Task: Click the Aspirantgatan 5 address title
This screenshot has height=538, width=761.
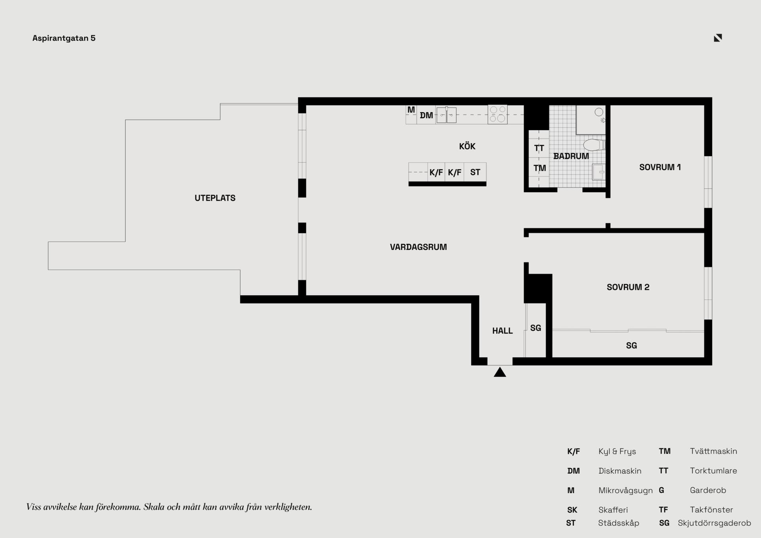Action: [64, 38]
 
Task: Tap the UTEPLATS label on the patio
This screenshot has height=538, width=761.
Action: [215, 198]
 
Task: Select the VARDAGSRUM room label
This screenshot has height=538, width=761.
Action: [418, 247]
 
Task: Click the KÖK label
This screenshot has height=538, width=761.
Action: [467, 146]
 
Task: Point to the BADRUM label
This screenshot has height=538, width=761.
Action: [571, 156]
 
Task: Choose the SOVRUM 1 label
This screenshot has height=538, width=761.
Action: [660, 167]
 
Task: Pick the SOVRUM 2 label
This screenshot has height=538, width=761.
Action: [628, 287]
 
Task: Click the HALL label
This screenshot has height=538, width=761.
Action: [502, 331]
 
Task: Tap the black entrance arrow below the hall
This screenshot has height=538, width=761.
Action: [500, 372]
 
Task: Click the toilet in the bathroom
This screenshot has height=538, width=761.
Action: [594, 145]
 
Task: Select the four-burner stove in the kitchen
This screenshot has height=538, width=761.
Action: [497, 115]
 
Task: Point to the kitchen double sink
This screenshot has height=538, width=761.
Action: [446, 115]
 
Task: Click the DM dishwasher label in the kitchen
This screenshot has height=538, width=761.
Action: [426, 115]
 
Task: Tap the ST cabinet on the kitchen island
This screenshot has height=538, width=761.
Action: [475, 172]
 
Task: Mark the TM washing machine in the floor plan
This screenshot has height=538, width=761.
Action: [539, 168]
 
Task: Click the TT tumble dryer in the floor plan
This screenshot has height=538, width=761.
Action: [539, 148]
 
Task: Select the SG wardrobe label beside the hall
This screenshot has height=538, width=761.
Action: [535, 328]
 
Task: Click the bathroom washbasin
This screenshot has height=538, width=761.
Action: [598, 172]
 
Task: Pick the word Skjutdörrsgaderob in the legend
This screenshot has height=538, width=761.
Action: [714, 523]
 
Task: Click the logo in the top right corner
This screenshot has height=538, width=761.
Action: [718, 38]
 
